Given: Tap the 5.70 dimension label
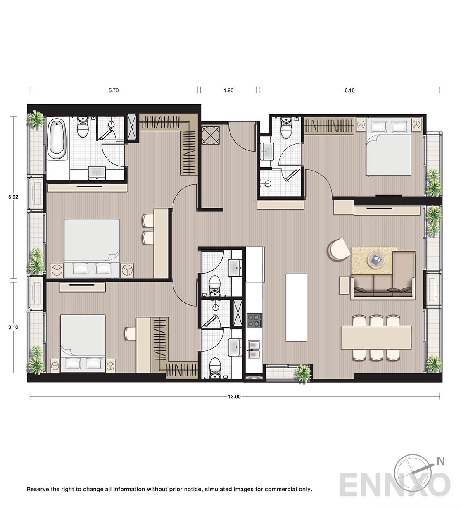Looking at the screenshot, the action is tap(114, 90).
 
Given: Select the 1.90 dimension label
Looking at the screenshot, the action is tap(228, 90).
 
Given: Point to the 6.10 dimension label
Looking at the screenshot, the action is tap(349, 90).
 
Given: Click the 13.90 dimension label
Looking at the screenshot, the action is tap(234, 396).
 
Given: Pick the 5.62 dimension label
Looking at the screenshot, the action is tap(13, 197).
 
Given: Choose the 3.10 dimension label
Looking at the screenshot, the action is tap(13, 327).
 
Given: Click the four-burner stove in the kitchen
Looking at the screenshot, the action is tap(254, 321).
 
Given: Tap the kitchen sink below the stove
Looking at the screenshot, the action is tap(254, 350).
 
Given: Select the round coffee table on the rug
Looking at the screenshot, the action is tap(376, 260).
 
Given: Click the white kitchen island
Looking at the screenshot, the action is tap(296, 307).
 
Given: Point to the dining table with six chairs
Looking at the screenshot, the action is tap(376, 338).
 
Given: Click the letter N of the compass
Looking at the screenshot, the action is tap(441, 461).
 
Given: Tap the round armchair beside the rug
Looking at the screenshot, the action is tap(339, 249).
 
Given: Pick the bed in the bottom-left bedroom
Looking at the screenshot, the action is tap(83, 344).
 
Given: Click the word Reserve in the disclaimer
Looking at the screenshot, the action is tap(38, 489).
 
